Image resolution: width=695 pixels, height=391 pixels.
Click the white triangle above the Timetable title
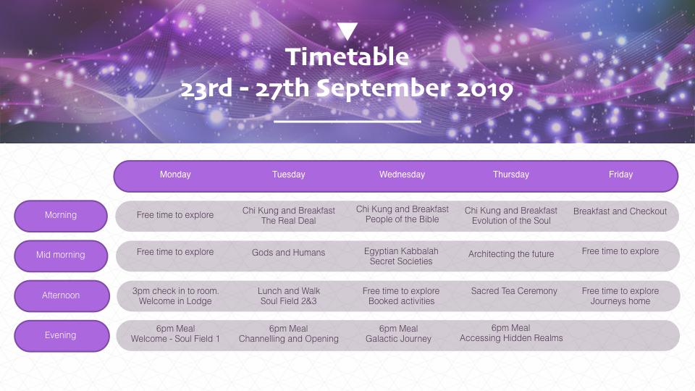pyautogui.click(x=347, y=31)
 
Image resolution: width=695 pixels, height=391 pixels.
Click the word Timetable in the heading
pyautogui.click(x=347, y=56)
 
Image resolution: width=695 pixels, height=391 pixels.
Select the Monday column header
pyautogui.click(x=175, y=175)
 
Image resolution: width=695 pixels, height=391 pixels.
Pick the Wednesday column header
pyautogui.click(x=402, y=175)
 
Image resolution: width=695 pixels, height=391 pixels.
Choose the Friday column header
pyautogui.click(x=620, y=175)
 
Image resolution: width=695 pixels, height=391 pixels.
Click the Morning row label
pyautogui.click(x=61, y=215)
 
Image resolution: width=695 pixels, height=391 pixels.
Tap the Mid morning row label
pyautogui.click(x=61, y=255)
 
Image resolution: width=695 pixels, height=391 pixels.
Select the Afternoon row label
pyautogui.click(x=61, y=295)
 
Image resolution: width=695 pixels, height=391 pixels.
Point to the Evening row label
pyautogui.click(x=61, y=335)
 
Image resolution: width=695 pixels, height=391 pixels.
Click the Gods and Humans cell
pyautogui.click(x=289, y=253)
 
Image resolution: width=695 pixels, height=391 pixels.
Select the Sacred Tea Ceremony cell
pyautogui.click(x=514, y=291)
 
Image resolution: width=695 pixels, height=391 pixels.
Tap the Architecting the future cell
pyautogui.click(x=511, y=254)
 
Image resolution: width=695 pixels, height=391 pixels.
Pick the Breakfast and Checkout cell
pyautogui.click(x=620, y=211)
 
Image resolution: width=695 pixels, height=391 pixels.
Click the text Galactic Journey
pyautogui.click(x=398, y=339)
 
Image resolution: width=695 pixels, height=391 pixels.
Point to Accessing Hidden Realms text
pyautogui.click(x=511, y=338)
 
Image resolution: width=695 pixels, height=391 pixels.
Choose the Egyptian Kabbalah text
pyautogui.click(x=401, y=251)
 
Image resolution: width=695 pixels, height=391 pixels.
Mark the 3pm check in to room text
pyautogui.click(x=175, y=291)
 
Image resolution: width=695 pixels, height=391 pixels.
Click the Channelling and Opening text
pyautogui.click(x=289, y=339)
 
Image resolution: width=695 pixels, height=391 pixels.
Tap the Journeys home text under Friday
pyautogui.click(x=620, y=301)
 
